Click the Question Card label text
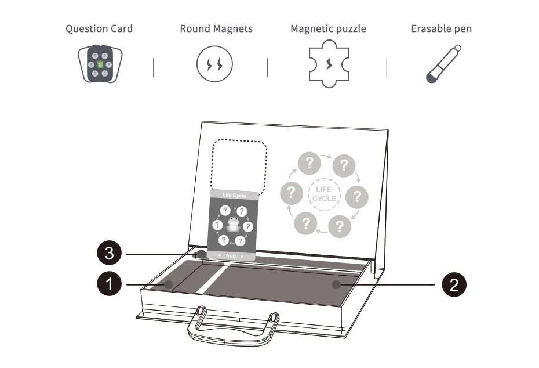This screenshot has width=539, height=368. (99, 28)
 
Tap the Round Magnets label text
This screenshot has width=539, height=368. (216, 28)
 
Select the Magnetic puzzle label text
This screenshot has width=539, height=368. (328, 28)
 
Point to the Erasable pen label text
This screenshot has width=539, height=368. (441, 28)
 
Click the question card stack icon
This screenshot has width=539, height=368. (100, 64)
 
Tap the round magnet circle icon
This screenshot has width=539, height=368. (214, 64)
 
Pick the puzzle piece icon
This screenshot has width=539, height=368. (329, 64)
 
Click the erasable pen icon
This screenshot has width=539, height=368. (443, 65)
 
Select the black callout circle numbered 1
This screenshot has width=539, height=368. (108, 284)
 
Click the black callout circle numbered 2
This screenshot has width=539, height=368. (454, 284)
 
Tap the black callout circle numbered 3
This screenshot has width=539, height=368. (108, 254)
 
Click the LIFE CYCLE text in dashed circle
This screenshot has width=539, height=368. (324, 194)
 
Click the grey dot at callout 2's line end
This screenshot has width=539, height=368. (336, 284)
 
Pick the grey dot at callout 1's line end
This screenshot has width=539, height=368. (169, 284)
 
